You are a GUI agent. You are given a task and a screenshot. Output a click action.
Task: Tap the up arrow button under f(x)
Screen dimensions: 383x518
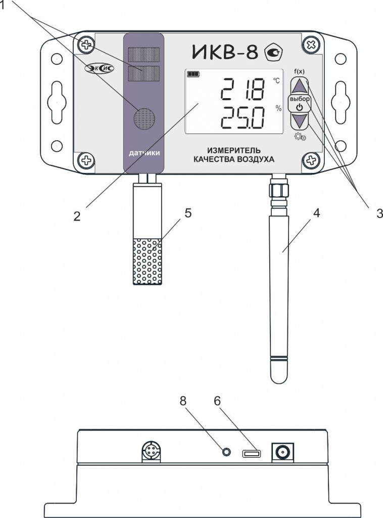(300, 86)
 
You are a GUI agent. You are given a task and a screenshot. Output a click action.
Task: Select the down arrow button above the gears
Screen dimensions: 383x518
(300, 121)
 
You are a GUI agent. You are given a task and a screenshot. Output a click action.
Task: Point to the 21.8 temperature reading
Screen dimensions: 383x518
(243, 89)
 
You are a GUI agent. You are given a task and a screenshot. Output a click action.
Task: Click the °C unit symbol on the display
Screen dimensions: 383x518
(276, 80)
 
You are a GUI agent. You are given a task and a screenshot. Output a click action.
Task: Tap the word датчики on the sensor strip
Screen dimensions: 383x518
(144, 153)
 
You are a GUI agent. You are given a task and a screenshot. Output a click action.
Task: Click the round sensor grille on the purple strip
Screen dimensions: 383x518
(145, 119)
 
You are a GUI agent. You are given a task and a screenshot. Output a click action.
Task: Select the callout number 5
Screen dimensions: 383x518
(187, 213)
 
